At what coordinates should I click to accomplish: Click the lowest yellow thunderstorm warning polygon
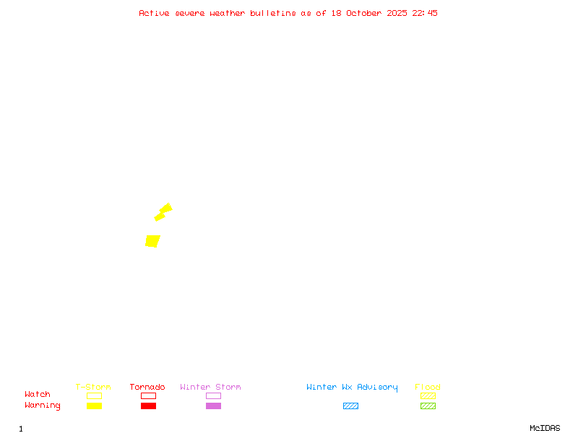152,241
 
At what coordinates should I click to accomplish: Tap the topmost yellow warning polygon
166,209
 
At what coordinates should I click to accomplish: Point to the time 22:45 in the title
425,13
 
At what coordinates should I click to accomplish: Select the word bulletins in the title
273,13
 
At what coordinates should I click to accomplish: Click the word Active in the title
154,13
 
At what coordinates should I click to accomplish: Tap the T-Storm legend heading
93,388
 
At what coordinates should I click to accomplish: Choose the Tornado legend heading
147,388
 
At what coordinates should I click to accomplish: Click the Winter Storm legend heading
210,388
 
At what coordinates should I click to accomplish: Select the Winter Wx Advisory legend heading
352,388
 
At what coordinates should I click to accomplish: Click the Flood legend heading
428,388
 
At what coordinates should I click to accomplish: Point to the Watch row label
38,395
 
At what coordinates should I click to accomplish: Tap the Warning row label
43,406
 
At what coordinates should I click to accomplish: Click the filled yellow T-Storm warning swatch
94,406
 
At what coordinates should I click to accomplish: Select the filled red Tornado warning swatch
148,406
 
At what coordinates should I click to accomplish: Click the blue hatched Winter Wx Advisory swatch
350,406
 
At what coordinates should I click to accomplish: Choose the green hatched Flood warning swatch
428,406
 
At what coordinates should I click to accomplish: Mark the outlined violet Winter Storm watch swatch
213,395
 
